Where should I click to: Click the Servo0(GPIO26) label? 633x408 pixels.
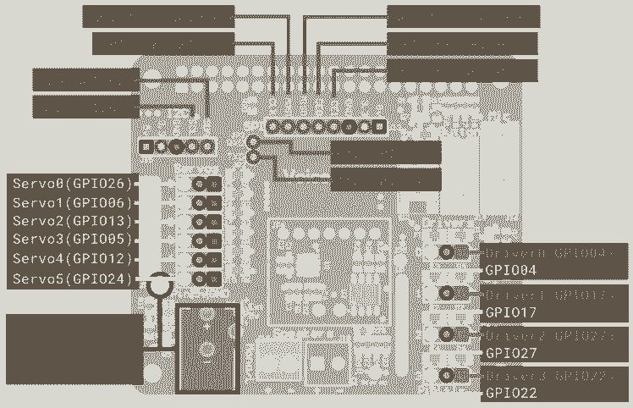coord(74,184)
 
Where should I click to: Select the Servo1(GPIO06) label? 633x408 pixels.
coord(74,203)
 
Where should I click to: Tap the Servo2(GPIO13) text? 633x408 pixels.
coord(74,222)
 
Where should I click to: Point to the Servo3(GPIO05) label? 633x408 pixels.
coord(74,240)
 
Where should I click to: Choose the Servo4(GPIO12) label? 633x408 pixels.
coord(74,259)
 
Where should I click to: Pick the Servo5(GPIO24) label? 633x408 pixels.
coord(74,278)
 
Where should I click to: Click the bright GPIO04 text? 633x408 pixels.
coord(511,271)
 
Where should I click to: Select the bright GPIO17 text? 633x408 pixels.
coord(511,312)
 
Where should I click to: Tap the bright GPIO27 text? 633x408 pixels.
coord(511,353)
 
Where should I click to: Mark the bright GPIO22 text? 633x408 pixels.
coord(511,394)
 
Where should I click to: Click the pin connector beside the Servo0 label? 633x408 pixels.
coord(206,184)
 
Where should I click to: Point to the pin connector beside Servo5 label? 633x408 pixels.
coord(206,278)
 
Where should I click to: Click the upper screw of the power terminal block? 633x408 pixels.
coord(206,320)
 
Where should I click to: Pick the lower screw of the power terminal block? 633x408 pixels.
coord(206,350)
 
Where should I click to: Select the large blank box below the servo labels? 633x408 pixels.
coord(74,349)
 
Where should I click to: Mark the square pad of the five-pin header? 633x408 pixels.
coord(146,146)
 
